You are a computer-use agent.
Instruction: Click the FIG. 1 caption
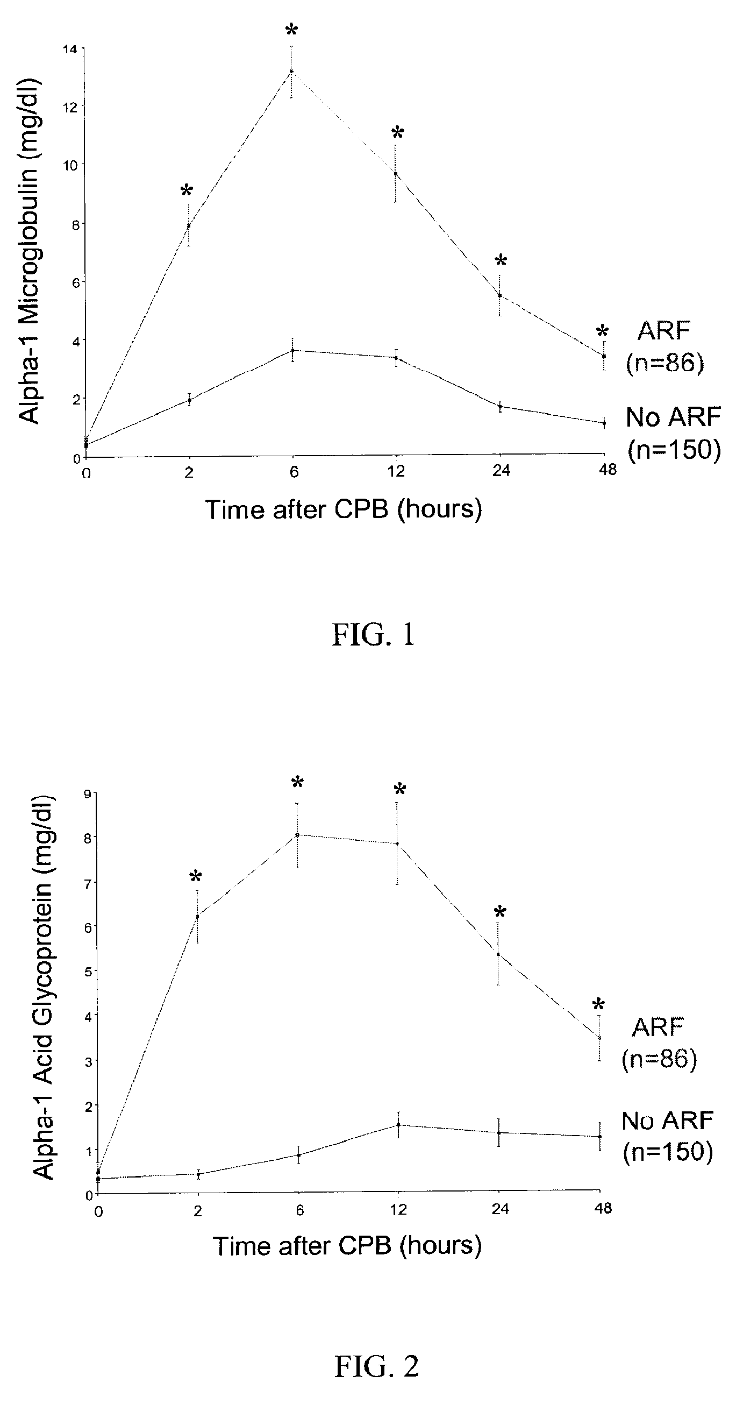tap(373, 635)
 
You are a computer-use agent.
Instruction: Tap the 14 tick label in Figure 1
tap(70, 49)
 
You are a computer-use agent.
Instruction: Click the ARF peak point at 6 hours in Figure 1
tap(291, 72)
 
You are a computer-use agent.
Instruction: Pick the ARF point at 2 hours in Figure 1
tap(189, 225)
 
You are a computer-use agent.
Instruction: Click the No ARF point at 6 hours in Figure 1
tap(292, 350)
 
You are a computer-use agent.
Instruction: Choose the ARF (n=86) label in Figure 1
tap(665, 346)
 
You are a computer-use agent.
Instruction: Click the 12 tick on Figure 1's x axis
tap(396, 470)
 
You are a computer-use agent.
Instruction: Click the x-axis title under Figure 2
tap(347, 1246)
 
